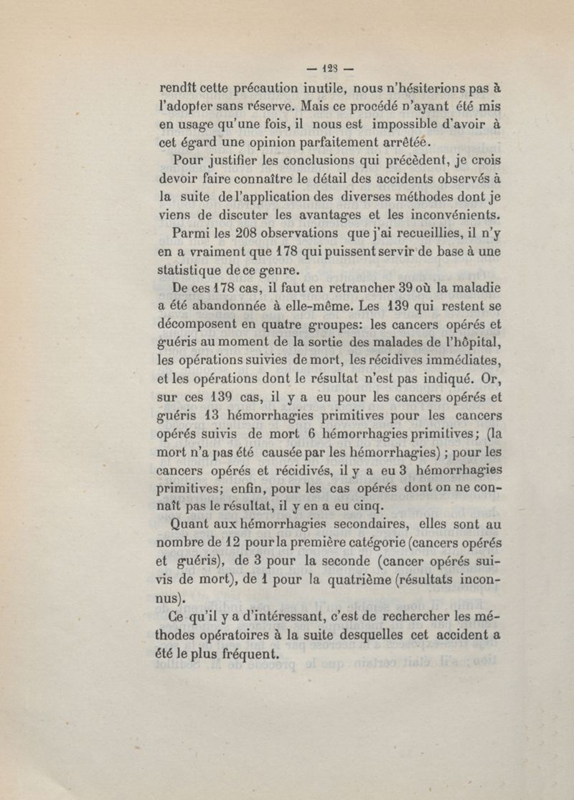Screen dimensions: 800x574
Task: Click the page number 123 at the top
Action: click(329, 70)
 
